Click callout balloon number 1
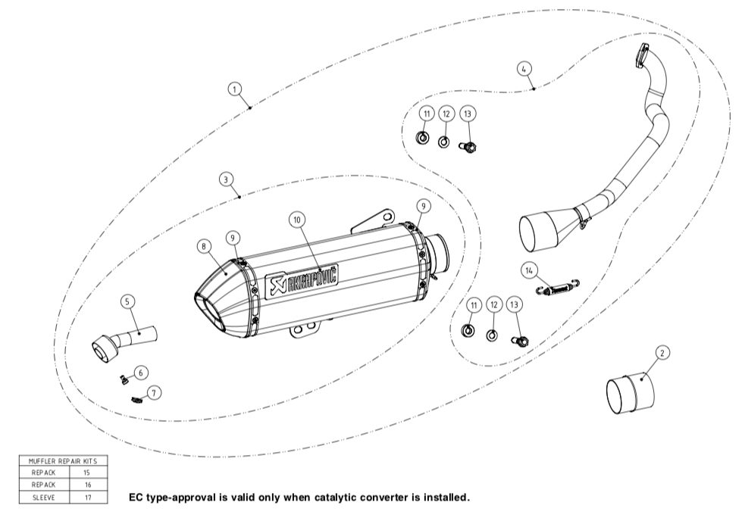pyautogui.click(x=236, y=89)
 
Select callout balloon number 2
pyautogui.click(x=662, y=353)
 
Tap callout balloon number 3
pyautogui.click(x=226, y=179)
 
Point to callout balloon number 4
pyautogui.click(x=524, y=69)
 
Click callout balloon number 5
pyautogui.click(x=127, y=301)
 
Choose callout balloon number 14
pyautogui.click(x=528, y=270)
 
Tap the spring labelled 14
pyautogui.click(x=558, y=289)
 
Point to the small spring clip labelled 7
pyautogui.click(x=137, y=399)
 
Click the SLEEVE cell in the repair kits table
pyautogui.click(x=43, y=497)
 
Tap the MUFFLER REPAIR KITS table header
pyautogui.click(x=64, y=460)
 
